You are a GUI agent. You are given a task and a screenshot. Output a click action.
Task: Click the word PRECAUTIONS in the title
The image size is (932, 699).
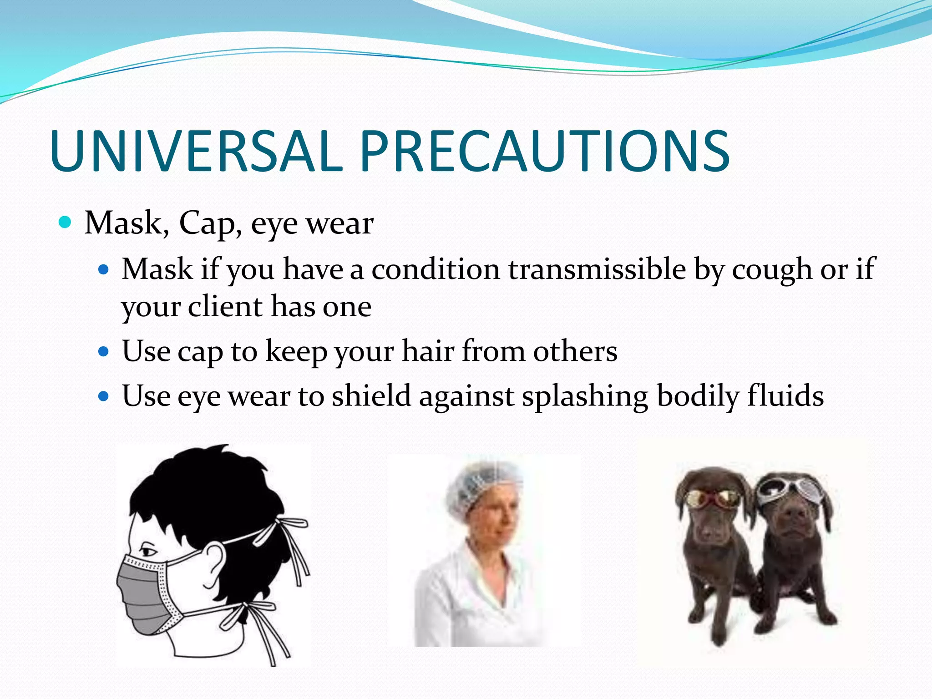coord(545,152)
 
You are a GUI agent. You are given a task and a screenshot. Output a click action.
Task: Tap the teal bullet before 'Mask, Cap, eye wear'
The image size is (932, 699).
coord(66,223)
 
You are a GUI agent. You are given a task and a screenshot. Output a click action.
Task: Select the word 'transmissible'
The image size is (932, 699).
coord(597,269)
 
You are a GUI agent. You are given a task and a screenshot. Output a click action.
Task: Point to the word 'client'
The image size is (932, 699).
coord(225,306)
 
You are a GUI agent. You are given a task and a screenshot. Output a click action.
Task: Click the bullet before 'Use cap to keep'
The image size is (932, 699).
coord(104,352)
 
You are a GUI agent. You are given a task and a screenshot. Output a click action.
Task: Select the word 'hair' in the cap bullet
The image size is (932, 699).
coord(428,351)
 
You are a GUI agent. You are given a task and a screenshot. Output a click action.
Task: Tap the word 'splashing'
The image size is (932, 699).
coord(585,396)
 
